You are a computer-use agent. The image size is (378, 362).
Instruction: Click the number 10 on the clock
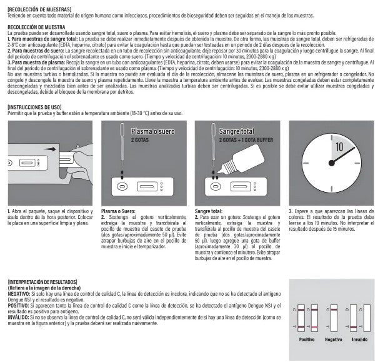pos(338,148)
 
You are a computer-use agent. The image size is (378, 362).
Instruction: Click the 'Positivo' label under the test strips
pos(307,339)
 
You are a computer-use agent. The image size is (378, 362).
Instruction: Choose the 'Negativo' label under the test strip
pos(333,339)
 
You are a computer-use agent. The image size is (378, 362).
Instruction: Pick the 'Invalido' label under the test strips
pos(359,339)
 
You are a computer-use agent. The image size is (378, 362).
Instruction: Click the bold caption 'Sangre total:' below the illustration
pos(210,211)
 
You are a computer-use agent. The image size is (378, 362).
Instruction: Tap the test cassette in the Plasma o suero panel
pos(140,186)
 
